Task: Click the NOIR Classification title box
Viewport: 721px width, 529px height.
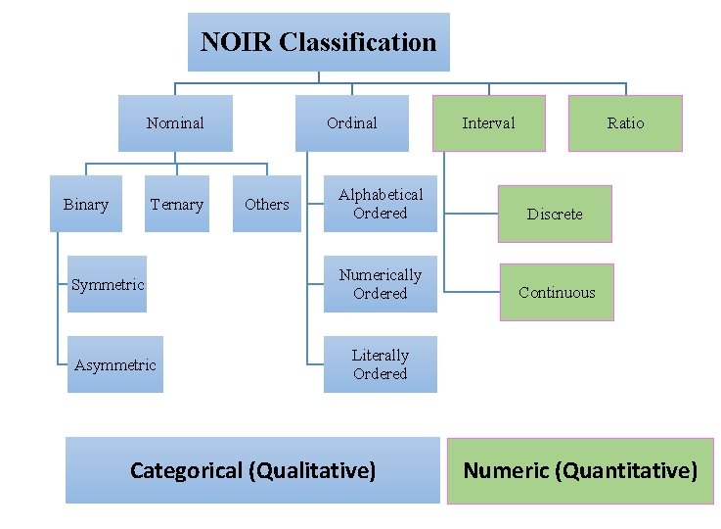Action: coord(318,42)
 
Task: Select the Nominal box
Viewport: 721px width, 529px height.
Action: coord(175,123)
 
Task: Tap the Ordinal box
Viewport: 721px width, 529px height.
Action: coord(352,123)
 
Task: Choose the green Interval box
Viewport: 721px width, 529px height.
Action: coord(488,123)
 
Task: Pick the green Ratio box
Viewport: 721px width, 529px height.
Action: coord(625,123)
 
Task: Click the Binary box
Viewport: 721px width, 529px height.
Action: coord(86,204)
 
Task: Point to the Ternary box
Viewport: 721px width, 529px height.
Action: coord(177,204)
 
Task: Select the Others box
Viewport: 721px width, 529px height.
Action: coord(266,204)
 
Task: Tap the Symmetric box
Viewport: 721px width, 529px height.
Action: coord(107,284)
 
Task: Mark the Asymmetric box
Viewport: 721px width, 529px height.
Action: coord(114,364)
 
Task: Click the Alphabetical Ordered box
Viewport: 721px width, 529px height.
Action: coord(380,204)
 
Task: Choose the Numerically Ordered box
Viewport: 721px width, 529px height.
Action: coord(380,284)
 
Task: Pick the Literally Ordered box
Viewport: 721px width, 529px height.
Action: coord(380,364)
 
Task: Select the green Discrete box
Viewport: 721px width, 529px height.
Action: coord(555,214)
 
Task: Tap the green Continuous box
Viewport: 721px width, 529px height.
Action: coord(557,292)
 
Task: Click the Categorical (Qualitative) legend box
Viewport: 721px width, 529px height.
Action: coord(252,470)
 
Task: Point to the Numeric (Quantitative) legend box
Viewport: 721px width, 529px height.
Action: coord(580,470)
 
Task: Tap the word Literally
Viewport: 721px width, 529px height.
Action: coord(380,356)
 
